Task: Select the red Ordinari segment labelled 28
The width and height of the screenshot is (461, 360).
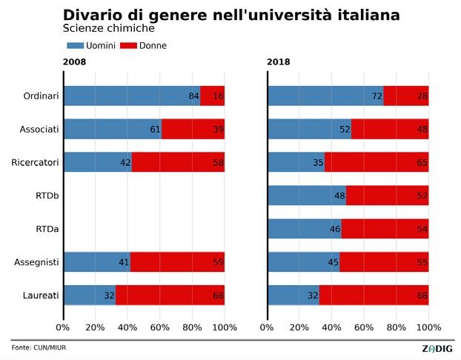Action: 406,96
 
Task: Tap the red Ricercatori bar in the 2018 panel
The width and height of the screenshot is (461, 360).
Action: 377,163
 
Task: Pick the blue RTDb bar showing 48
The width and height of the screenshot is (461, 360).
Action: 307,196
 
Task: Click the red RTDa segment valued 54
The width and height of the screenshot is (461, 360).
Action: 385,229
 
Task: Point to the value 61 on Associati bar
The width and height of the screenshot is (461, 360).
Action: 155,130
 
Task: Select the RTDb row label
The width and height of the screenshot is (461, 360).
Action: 46,196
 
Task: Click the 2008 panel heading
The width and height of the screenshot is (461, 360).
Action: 74,62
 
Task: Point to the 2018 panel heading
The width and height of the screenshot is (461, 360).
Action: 279,62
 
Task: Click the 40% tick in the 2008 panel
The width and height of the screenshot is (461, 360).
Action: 127,327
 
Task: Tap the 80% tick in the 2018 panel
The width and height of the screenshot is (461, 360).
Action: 397,327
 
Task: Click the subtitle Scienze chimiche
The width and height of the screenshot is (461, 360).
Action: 108,29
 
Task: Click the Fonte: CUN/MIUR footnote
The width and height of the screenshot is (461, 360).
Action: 39,347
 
